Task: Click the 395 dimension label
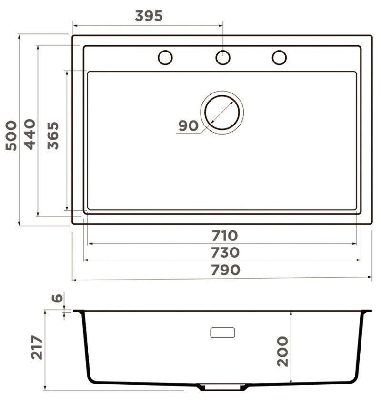[x=149, y=16]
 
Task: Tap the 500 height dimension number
[x=11, y=135]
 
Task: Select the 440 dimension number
[x=30, y=134]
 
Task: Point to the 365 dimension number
[x=53, y=135]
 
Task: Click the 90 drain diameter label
[x=189, y=126]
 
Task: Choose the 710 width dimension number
[x=224, y=236]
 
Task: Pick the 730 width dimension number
[x=225, y=252]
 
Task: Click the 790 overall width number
[x=226, y=270]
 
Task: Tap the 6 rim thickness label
[x=57, y=298]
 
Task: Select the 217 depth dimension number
[x=37, y=347]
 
